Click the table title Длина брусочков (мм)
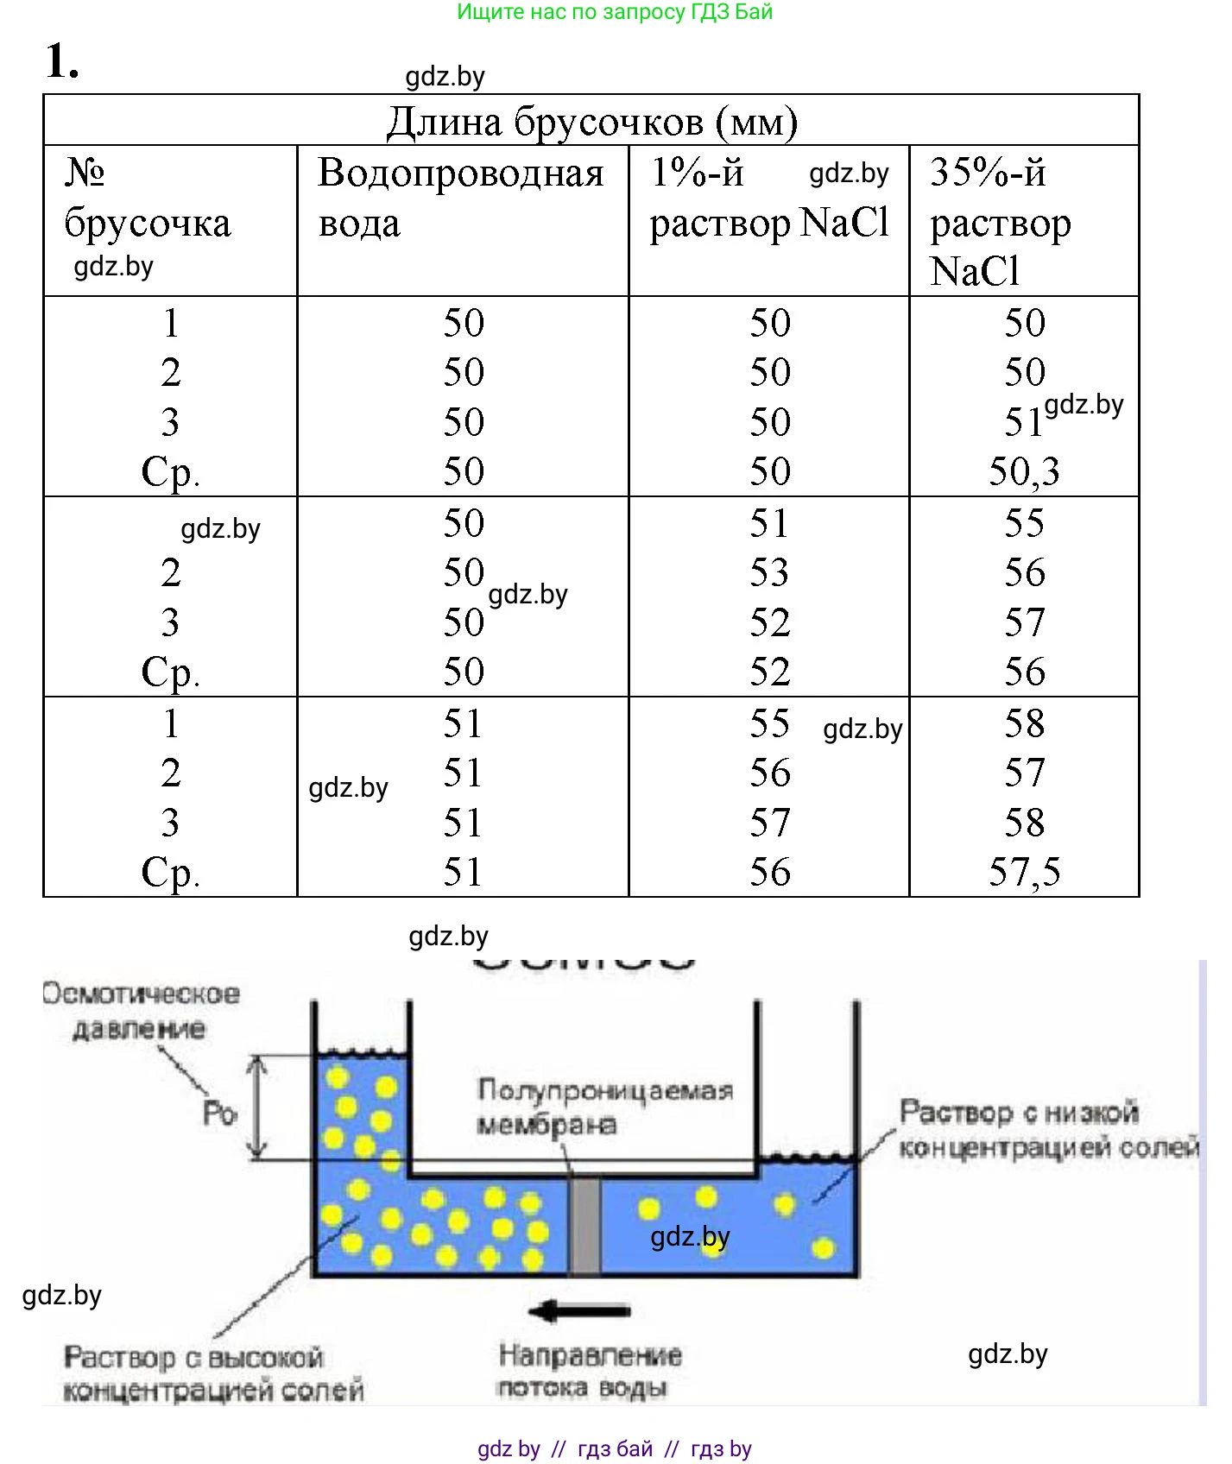(591, 122)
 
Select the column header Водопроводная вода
(460, 198)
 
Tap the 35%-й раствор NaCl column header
(1000, 222)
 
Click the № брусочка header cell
(147, 199)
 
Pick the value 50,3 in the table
(1024, 471)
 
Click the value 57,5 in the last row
(1024, 872)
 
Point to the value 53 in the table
(769, 572)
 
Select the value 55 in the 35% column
(1024, 522)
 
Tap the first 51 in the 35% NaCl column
(1023, 422)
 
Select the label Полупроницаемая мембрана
(604, 1107)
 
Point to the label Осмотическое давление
(141, 1011)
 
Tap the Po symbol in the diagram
(219, 1114)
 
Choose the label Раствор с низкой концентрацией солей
(1048, 1129)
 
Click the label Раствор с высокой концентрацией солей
(213, 1373)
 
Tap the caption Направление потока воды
(589, 1371)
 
